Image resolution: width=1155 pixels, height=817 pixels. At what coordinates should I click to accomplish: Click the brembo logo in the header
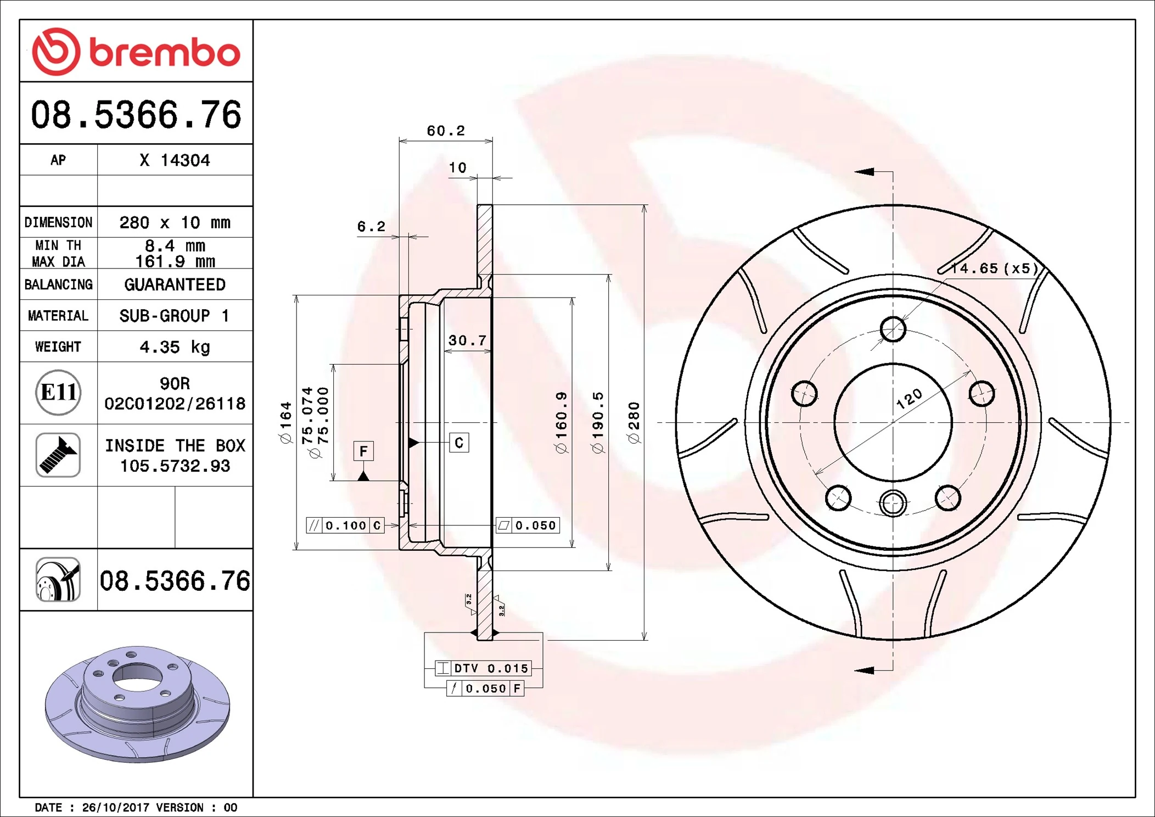click(x=136, y=52)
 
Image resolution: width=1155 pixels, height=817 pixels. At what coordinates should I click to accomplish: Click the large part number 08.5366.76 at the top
click(x=136, y=115)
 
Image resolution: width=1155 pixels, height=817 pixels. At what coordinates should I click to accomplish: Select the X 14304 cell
click(x=175, y=160)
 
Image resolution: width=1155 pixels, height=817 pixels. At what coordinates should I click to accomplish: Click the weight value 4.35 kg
click(x=175, y=347)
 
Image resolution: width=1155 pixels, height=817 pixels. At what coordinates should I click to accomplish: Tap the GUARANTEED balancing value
click(x=175, y=284)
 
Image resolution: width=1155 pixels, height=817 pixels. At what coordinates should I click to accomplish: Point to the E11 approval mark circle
click(x=58, y=393)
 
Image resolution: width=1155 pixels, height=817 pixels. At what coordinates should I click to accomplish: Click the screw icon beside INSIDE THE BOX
click(x=58, y=455)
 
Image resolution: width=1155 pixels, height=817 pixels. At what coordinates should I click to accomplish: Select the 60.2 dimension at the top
click(x=445, y=131)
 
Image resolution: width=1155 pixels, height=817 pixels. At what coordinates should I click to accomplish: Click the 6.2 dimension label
click(x=371, y=226)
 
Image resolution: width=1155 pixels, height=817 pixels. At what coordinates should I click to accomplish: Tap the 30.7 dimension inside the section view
click(x=467, y=340)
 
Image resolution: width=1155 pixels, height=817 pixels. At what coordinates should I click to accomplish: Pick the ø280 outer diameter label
click(x=634, y=422)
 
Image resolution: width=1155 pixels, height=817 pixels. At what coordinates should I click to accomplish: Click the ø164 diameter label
click(x=285, y=422)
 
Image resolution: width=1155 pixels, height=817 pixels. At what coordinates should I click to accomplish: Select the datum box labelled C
click(x=459, y=443)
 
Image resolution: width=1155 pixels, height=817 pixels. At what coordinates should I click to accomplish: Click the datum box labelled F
click(x=363, y=451)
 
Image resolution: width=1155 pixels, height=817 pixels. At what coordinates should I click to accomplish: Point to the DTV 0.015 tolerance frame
click(x=484, y=668)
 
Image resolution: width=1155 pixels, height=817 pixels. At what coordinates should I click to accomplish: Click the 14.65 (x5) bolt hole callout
click(x=994, y=268)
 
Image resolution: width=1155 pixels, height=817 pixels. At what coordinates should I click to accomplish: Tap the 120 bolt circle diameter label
click(x=909, y=399)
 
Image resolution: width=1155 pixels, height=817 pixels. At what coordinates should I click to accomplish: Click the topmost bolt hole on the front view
click(x=893, y=329)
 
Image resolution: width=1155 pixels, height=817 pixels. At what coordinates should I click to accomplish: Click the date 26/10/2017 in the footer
click(x=115, y=808)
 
